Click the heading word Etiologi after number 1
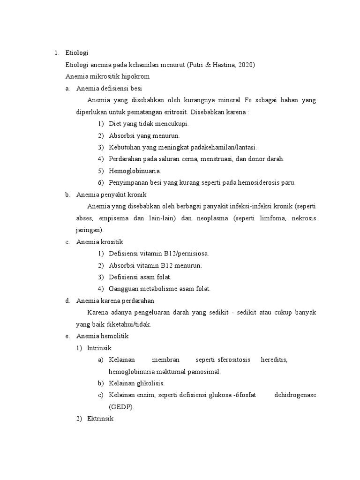coord(76,52)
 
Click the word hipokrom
coord(135,76)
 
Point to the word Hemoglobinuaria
coord(135,171)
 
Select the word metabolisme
coord(154,289)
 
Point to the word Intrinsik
coord(99,348)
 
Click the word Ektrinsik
coord(100,419)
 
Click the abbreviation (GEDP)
coord(121,407)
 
